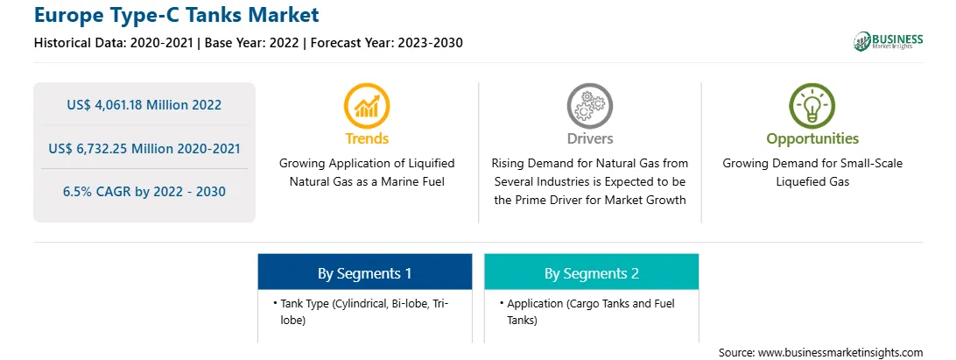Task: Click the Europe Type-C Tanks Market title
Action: tap(176, 15)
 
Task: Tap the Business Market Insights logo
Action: tap(888, 41)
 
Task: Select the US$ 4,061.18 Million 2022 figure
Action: tap(144, 104)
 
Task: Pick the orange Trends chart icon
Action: tap(367, 106)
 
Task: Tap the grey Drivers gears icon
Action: tap(589, 106)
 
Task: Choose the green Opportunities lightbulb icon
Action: tap(812, 106)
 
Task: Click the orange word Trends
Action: tap(367, 138)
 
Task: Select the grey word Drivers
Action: tap(589, 138)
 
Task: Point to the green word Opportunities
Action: tap(812, 139)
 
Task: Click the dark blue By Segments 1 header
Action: tap(364, 272)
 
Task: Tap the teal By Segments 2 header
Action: tap(592, 272)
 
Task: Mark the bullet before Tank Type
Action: tap(275, 303)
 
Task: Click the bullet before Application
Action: tap(501, 303)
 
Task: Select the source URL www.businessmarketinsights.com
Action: tap(840, 353)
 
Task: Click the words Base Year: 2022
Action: tap(251, 43)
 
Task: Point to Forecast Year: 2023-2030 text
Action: tap(384, 43)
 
